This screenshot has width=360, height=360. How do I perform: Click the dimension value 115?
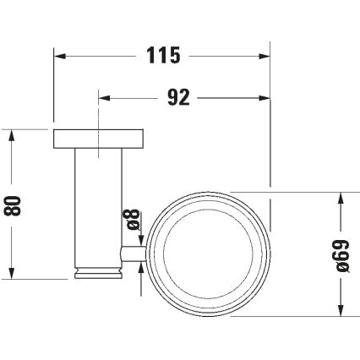[x=163, y=56]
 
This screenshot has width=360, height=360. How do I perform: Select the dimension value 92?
[x=177, y=97]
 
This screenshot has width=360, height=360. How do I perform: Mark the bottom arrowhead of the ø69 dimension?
[x=341, y=307]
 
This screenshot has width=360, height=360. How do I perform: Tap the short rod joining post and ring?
[x=135, y=252]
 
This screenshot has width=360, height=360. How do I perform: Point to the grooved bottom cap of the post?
[x=100, y=273]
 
